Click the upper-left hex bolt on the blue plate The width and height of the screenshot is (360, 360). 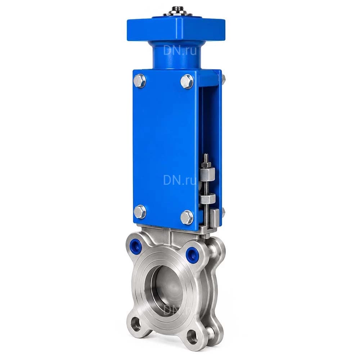140,81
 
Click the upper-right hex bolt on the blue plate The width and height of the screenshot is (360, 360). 187,81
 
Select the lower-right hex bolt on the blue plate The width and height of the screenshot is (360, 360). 187,217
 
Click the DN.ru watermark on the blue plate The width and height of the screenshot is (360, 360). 180,180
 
